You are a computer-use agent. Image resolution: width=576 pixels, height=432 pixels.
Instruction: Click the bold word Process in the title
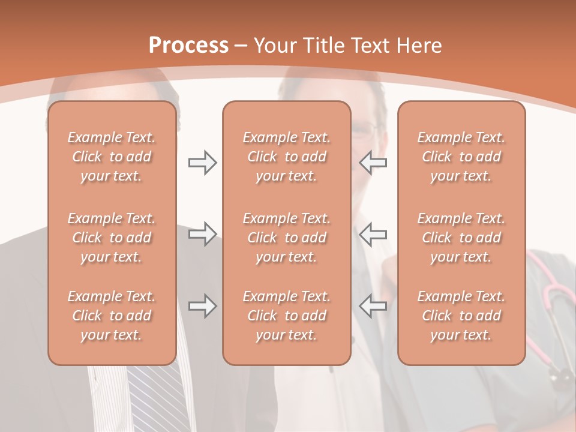click(188, 46)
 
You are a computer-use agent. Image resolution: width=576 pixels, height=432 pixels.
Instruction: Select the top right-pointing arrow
click(202, 163)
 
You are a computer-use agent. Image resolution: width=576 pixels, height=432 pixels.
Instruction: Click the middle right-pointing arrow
click(202, 234)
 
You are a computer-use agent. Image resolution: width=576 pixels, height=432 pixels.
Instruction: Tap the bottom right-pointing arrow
click(202, 306)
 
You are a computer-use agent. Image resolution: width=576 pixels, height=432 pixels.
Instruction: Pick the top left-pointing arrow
click(373, 163)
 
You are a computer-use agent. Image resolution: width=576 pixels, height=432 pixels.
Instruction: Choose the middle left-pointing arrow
click(373, 234)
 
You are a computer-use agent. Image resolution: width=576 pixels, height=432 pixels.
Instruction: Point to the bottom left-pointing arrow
click(373, 306)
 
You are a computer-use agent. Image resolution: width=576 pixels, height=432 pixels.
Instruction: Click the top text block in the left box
click(112, 157)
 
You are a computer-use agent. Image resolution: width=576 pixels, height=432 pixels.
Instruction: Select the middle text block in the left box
click(112, 238)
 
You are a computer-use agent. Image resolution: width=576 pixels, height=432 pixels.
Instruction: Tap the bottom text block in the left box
click(112, 316)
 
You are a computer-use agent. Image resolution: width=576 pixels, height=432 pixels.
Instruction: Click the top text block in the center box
click(287, 157)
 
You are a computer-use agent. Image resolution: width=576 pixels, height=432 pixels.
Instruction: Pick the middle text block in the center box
click(287, 238)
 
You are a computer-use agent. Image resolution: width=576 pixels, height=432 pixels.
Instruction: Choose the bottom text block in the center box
click(287, 316)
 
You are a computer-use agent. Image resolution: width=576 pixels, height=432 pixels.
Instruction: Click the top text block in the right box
click(461, 157)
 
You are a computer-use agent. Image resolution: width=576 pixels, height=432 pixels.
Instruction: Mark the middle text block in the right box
click(461, 238)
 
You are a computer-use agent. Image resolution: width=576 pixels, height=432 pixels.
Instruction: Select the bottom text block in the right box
click(461, 316)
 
